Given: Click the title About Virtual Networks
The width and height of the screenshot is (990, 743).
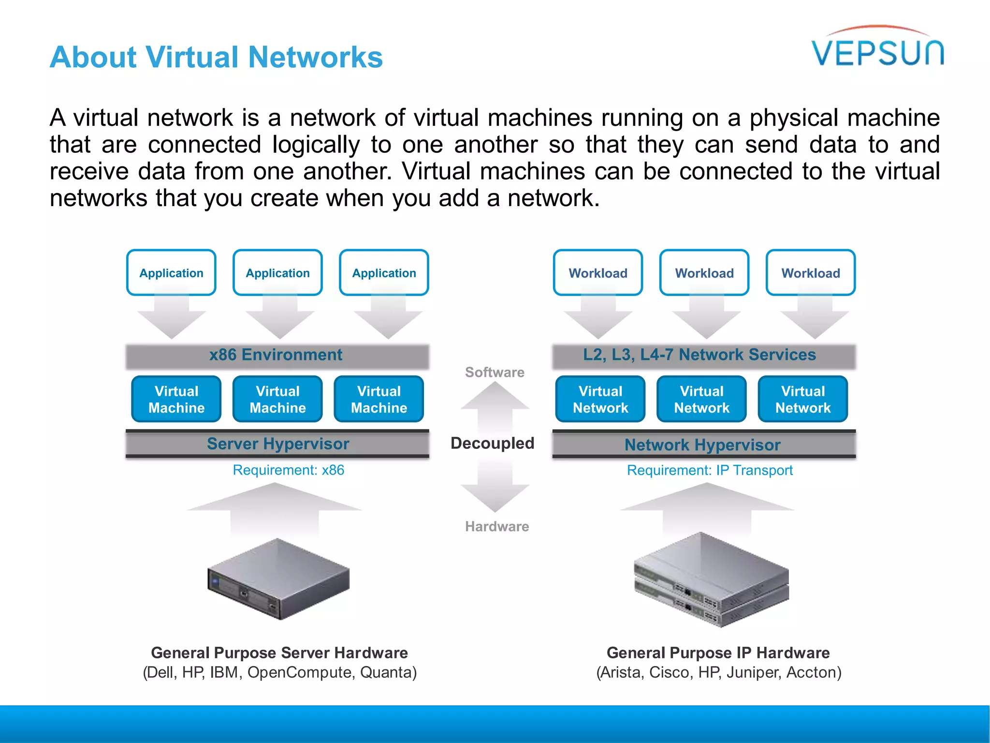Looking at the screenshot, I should coord(216,57).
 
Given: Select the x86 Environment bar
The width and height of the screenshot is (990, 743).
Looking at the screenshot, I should coord(277,356).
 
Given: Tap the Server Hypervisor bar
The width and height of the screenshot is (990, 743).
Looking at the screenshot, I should coord(277,444).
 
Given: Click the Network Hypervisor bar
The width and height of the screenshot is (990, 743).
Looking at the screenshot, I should coord(703,445).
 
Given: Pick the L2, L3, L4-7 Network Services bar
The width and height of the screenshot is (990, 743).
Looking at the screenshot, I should coord(703,356).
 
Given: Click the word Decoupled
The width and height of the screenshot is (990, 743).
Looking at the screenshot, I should coord(492,443).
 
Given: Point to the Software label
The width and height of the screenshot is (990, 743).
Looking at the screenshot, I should coord(495,372).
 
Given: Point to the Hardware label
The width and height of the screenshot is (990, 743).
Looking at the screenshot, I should coord(497,526).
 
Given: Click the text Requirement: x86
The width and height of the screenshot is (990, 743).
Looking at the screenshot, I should coord(288,470).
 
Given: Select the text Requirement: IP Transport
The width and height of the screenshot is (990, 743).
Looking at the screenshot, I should coord(710,470).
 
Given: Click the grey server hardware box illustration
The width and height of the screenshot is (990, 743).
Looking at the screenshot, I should coord(278,579).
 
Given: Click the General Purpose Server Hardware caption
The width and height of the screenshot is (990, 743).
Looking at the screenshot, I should coord(279,653).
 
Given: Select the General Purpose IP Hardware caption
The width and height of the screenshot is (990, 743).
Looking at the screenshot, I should coord(718,653).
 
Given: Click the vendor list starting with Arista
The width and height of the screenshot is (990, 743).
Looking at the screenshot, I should coord(718,672).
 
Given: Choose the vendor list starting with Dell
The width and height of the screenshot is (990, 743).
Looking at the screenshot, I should coord(279,672).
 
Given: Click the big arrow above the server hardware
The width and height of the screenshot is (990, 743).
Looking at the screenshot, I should coord(275,508).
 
